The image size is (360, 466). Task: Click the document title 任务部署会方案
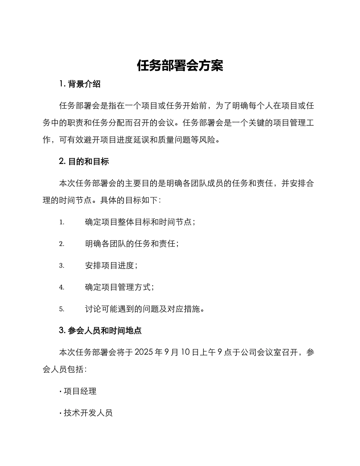tap(180, 66)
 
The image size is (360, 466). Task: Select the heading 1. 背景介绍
tap(80, 84)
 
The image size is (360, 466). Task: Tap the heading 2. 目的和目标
tap(84, 161)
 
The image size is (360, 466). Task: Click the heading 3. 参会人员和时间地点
tap(100, 330)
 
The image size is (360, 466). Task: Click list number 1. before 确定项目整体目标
tap(62, 222)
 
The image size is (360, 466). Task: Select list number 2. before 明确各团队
tap(62, 244)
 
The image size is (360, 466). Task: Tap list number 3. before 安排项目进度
tap(62, 266)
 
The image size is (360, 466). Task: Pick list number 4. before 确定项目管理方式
tap(62, 288)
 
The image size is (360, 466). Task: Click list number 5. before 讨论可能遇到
tap(62, 309)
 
